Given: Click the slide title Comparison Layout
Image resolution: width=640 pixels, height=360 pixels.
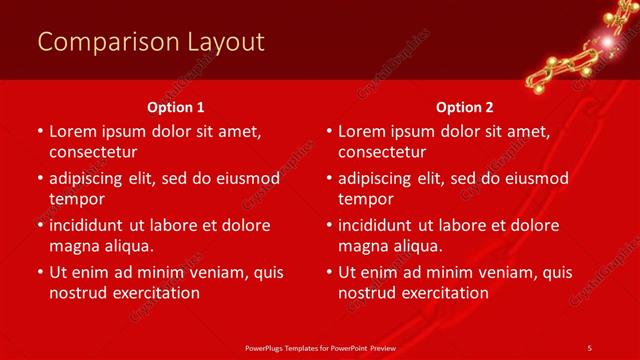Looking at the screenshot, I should (151, 41).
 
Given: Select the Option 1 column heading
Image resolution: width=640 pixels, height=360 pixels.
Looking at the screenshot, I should (176, 106).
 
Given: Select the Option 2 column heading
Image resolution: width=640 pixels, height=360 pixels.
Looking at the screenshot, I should (465, 106).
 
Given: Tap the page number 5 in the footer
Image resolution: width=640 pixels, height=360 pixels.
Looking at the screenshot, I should (589, 347).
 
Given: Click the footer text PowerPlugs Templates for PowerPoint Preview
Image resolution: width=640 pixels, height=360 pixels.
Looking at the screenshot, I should (319, 347).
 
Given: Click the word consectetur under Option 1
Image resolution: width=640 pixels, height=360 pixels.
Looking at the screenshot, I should (93, 152).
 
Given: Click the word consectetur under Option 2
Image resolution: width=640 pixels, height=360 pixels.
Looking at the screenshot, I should (383, 152).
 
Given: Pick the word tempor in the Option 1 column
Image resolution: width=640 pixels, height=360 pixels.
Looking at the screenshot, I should (76, 199).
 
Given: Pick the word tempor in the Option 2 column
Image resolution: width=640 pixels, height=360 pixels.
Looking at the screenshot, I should (366, 199).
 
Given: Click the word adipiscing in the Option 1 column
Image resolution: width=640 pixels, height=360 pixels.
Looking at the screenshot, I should (91, 178).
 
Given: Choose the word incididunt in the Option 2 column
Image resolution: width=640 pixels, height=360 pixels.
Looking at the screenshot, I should (381, 225).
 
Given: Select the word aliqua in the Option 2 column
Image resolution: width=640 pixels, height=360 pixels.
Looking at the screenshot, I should (419, 246).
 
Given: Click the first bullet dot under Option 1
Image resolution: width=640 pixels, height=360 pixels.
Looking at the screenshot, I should (39, 131).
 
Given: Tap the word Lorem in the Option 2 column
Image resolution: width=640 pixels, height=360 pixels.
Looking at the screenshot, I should (361, 131).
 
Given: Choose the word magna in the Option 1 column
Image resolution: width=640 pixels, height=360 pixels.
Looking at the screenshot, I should (74, 246).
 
